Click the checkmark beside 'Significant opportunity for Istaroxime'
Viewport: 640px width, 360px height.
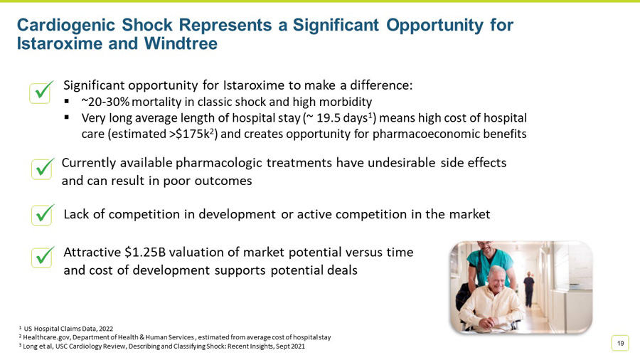pyautogui.click(x=41, y=92)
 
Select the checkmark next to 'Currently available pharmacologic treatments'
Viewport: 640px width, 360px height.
pyautogui.click(x=43, y=169)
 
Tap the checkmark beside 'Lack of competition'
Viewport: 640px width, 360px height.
pyautogui.click(x=43, y=214)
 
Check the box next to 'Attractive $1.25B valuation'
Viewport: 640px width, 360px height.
pyautogui.click(x=43, y=257)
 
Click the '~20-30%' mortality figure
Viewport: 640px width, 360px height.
pyautogui.click(x=105, y=102)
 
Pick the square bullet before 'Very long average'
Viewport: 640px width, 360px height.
pyautogui.click(x=68, y=117)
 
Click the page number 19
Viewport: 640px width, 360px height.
pyautogui.click(x=620, y=344)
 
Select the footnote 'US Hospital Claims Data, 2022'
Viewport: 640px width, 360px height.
pyautogui.click(x=68, y=328)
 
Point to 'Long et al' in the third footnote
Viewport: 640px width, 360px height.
pyautogui.click(x=41, y=346)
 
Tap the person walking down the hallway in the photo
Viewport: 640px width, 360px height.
pyautogui.click(x=528, y=286)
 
